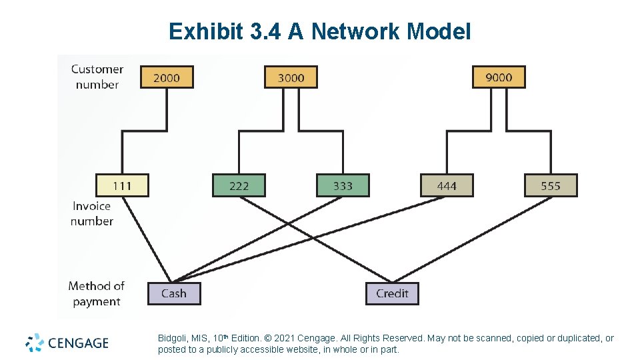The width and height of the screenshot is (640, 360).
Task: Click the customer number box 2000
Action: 167,77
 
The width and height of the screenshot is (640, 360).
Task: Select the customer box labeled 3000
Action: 291,77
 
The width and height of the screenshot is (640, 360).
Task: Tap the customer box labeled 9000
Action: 499,77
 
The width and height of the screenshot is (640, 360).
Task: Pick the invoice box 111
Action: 122,185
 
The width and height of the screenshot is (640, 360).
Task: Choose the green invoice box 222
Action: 239,185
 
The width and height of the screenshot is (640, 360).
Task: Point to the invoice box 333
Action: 343,185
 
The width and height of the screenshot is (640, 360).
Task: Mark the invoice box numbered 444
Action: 447,185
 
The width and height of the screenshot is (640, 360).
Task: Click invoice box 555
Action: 551,185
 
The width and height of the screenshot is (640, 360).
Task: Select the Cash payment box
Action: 173,293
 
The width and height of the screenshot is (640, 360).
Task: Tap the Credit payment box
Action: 392,293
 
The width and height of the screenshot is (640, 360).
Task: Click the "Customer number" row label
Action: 97,77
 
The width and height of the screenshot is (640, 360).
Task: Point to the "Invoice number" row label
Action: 92,213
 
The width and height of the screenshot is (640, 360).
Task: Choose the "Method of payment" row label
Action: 97,293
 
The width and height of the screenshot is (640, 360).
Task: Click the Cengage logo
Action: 67,343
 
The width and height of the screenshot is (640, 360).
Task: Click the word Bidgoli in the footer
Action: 173,339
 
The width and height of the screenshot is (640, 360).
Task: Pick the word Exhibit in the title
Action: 203,31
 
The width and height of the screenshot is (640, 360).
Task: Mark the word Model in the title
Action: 439,31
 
